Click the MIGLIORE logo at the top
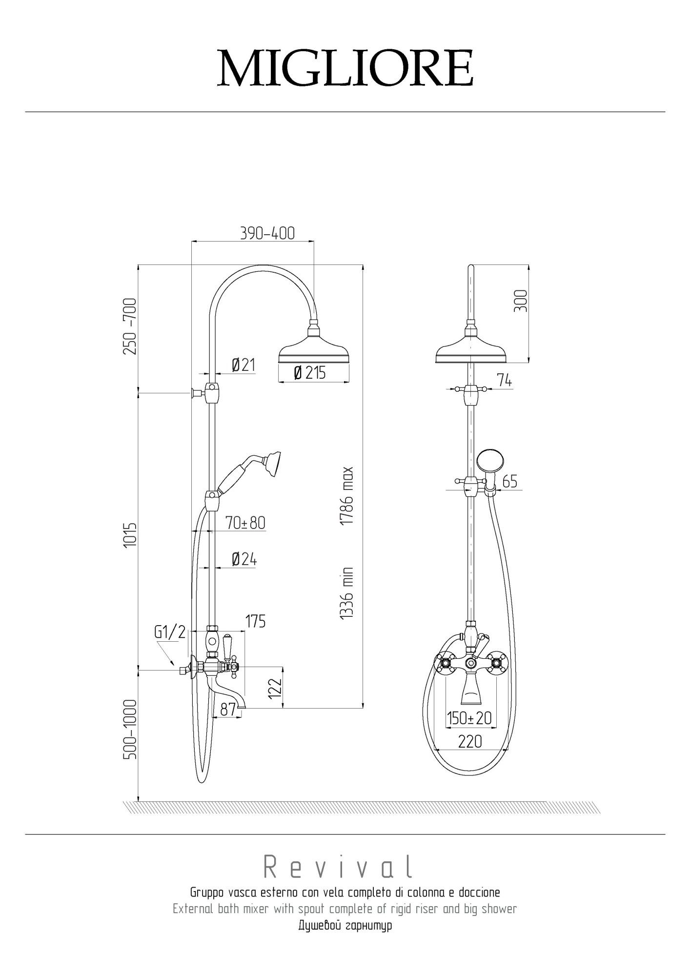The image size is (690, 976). pos(345,68)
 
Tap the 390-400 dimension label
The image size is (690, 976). pos(267,233)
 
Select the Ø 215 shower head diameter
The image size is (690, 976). pos(310,373)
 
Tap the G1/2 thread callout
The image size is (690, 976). pos(170,632)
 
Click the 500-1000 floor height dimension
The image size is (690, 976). pos(130,730)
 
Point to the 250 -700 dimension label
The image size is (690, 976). pos(130,326)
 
